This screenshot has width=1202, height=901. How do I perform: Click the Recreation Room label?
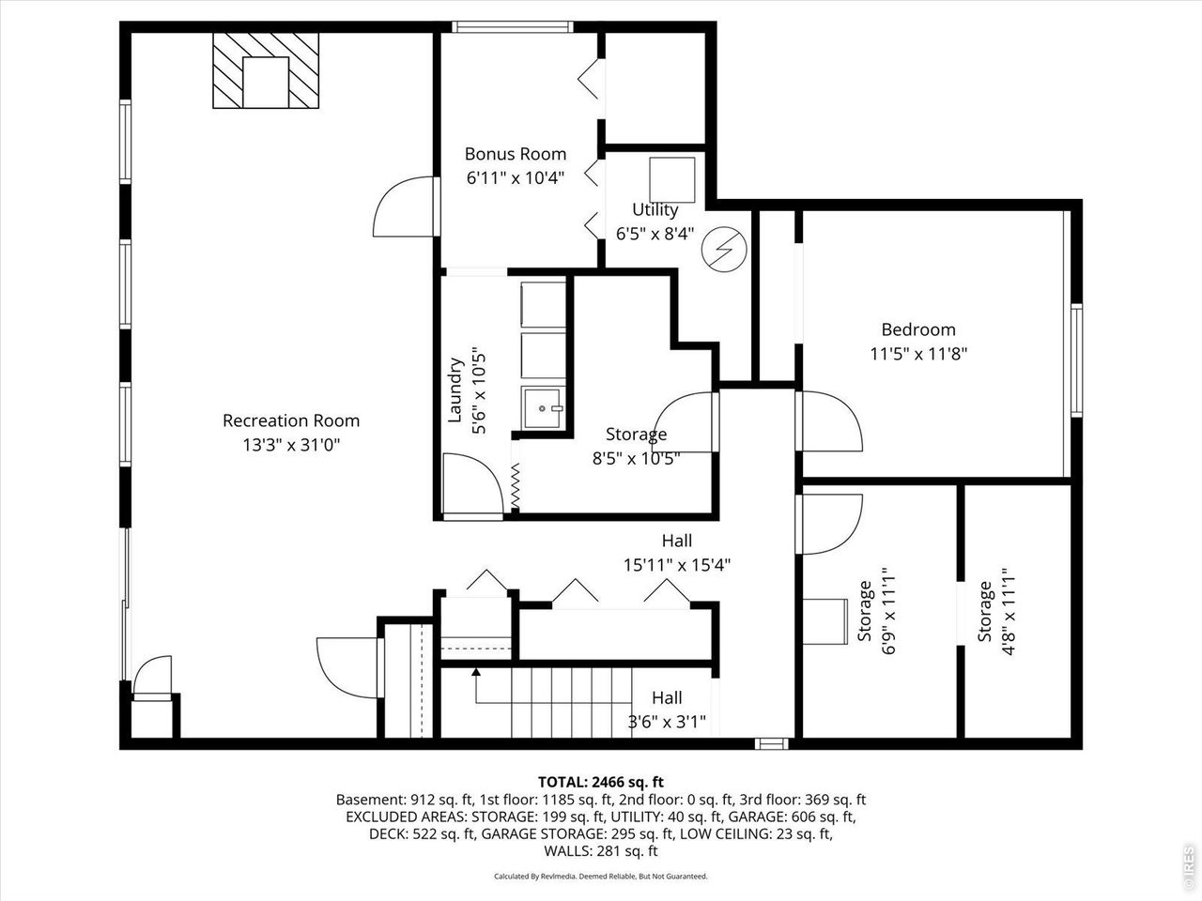tap(290, 420)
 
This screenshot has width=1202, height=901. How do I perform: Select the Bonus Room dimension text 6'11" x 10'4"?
tap(516, 176)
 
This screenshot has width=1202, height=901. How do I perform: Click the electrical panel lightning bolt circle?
tap(725, 250)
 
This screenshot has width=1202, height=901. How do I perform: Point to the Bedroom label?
tap(917, 329)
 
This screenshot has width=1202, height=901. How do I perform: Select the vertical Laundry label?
tap(455, 389)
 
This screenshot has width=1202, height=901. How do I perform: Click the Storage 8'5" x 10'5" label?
tap(636, 435)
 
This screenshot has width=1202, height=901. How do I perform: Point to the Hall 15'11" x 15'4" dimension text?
tap(676, 565)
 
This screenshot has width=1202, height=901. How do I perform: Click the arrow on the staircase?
tap(476, 671)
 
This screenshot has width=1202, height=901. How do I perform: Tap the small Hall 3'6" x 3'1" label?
tap(667, 698)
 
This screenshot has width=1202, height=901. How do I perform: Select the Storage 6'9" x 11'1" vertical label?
tap(865, 610)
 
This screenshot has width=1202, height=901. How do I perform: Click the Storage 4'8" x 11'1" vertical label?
tap(984, 610)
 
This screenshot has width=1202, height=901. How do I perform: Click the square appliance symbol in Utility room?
tap(672, 179)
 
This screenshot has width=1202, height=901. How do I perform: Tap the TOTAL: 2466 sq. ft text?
tap(600, 781)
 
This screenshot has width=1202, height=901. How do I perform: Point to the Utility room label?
tap(655, 209)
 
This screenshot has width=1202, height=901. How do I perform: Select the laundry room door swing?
tap(472, 481)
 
